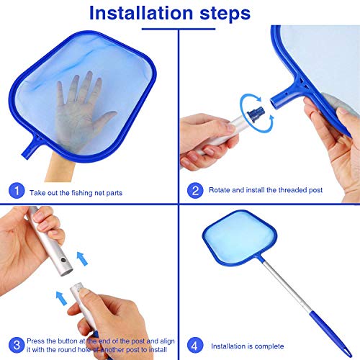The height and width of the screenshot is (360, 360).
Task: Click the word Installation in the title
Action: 141,12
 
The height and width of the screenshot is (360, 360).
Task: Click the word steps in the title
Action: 225,14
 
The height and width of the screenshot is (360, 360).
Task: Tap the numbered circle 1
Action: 17,191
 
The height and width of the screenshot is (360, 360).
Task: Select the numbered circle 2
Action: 195,190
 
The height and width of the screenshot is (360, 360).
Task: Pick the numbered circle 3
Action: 17,345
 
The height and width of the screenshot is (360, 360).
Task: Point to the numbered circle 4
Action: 194,346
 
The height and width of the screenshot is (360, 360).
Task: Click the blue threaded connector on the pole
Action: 256,114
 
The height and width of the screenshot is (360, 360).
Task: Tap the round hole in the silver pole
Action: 63,260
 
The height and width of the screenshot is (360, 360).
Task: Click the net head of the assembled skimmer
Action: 240,238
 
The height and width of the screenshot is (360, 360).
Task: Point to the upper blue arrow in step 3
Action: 82,258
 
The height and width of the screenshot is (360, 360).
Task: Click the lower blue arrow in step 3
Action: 61,298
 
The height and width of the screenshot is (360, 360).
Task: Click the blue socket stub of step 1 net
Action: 30,148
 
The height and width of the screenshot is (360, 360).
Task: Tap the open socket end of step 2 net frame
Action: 274,103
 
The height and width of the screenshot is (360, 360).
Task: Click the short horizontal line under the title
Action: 179,29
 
